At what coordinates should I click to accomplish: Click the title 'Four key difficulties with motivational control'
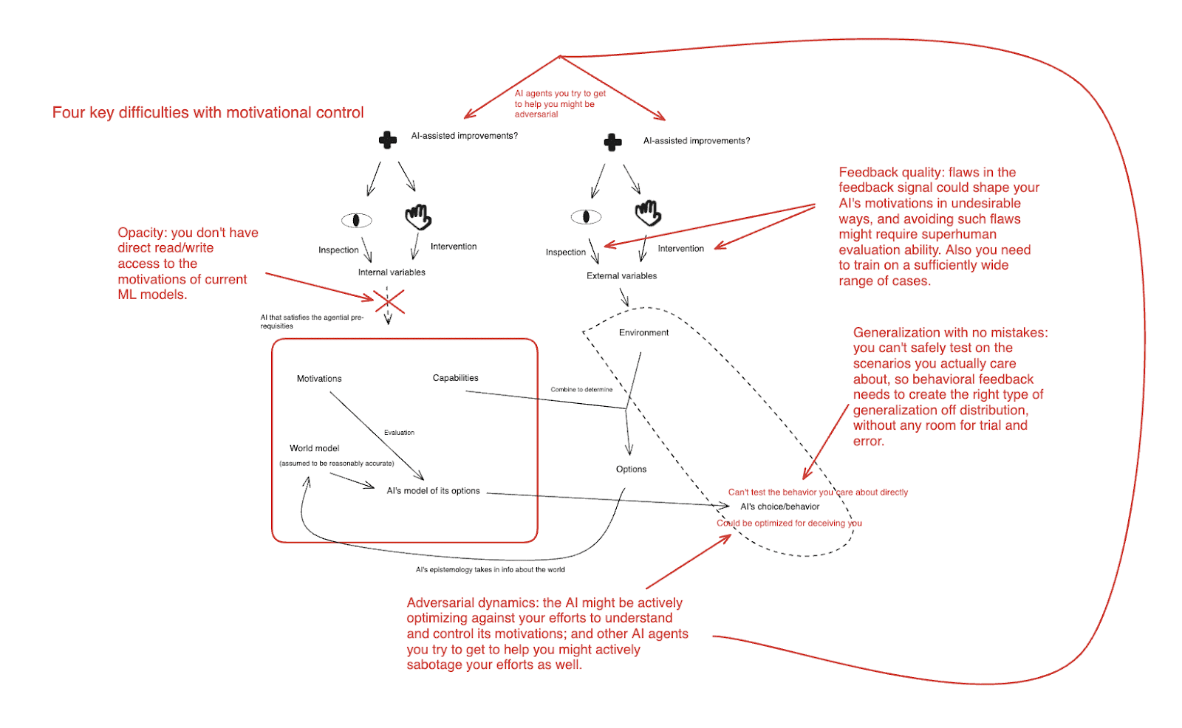click(208, 112)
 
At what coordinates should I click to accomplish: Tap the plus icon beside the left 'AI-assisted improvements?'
click(388, 140)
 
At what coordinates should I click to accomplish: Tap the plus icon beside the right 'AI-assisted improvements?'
click(612, 142)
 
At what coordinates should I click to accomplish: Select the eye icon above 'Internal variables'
click(356, 220)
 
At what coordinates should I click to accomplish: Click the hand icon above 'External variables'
click(648, 213)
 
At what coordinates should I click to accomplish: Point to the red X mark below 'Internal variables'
click(389, 301)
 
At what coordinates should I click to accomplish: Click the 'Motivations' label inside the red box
click(319, 379)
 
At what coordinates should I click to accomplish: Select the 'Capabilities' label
click(455, 378)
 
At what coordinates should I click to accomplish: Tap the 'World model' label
click(314, 448)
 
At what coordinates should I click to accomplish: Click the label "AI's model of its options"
click(433, 491)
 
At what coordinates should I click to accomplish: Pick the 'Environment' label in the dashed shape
click(643, 333)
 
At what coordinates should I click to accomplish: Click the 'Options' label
click(631, 470)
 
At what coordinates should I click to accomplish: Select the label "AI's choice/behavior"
click(779, 506)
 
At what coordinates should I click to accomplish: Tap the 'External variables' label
click(621, 276)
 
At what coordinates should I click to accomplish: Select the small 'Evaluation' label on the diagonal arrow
click(399, 433)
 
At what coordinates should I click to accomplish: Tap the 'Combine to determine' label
click(581, 390)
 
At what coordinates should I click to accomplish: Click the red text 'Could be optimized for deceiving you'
click(789, 523)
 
